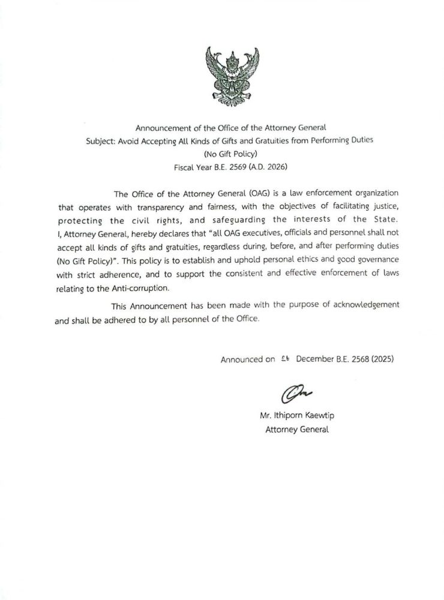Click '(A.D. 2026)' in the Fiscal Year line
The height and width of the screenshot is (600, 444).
coord(262,166)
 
